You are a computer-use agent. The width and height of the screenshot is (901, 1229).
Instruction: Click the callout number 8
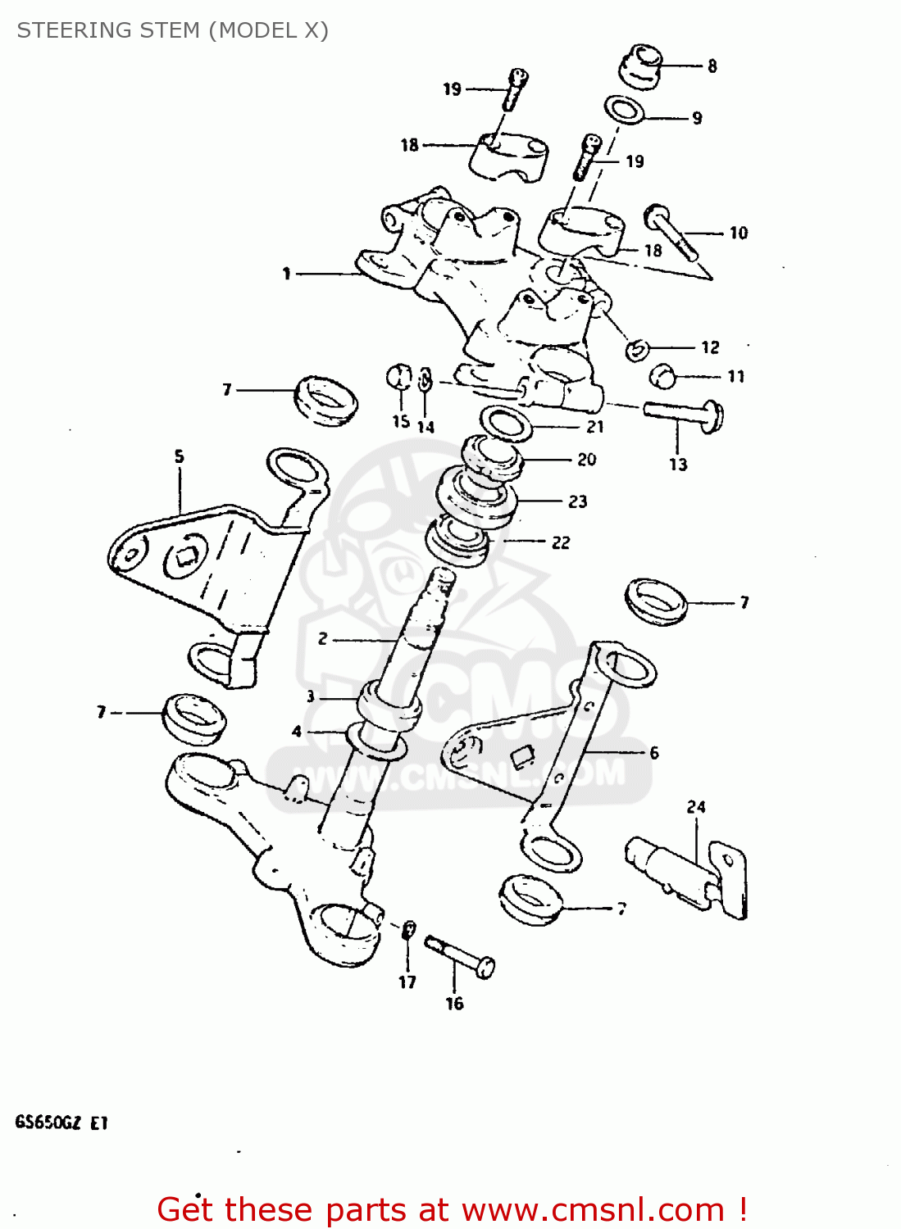[712, 66]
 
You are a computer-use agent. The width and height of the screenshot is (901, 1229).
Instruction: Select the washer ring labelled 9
[624, 110]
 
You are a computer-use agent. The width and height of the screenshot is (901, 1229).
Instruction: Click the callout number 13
[678, 465]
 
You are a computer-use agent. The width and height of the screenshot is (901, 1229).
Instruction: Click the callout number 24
[696, 807]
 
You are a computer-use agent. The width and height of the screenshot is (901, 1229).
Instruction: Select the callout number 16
[454, 1004]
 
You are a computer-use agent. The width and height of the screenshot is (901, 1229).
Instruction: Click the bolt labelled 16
[460, 956]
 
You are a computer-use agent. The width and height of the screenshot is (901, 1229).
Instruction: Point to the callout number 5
[180, 456]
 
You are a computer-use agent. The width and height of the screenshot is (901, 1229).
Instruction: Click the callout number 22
[561, 542]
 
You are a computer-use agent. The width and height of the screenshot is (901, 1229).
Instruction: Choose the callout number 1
[287, 274]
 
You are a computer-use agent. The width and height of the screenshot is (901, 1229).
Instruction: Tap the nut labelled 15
[399, 378]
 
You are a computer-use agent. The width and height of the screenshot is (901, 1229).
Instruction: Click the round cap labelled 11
[662, 377]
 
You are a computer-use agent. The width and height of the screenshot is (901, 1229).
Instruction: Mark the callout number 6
[653, 752]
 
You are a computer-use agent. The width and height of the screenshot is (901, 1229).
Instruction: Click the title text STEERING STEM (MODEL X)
[173, 30]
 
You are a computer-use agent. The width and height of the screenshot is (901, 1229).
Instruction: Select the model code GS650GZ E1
[61, 1122]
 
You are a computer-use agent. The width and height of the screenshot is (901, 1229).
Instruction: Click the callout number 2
[323, 638]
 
